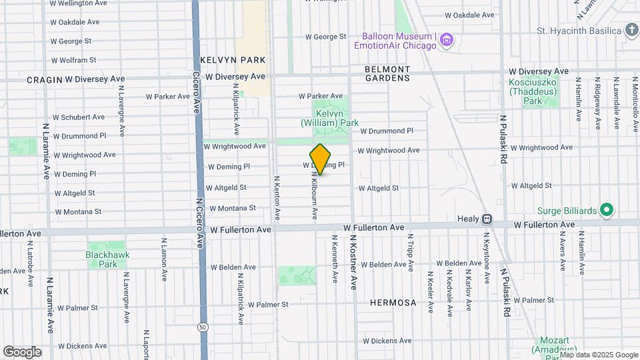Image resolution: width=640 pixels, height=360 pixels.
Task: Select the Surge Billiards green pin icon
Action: (x=606, y=211)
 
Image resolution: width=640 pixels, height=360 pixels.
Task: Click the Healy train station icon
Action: (x=487, y=219)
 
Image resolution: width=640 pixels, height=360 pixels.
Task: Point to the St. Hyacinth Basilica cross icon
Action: (x=631, y=30)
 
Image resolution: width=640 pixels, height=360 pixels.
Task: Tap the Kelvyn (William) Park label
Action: (x=330, y=118)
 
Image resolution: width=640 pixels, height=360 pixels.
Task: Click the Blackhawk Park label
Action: (x=107, y=259)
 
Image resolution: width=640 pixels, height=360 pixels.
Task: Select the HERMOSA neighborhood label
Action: (x=393, y=303)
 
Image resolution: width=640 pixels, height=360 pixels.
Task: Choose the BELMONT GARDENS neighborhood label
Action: (x=387, y=73)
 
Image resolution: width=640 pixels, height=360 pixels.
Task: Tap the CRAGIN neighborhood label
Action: (x=44, y=79)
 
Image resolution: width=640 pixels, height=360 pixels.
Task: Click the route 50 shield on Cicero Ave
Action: (x=201, y=327)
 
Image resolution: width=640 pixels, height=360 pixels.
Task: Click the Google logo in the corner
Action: (x=22, y=351)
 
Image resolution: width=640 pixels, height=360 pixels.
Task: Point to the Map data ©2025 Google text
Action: (x=598, y=355)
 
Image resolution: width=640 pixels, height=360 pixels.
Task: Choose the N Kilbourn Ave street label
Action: (x=313, y=195)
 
